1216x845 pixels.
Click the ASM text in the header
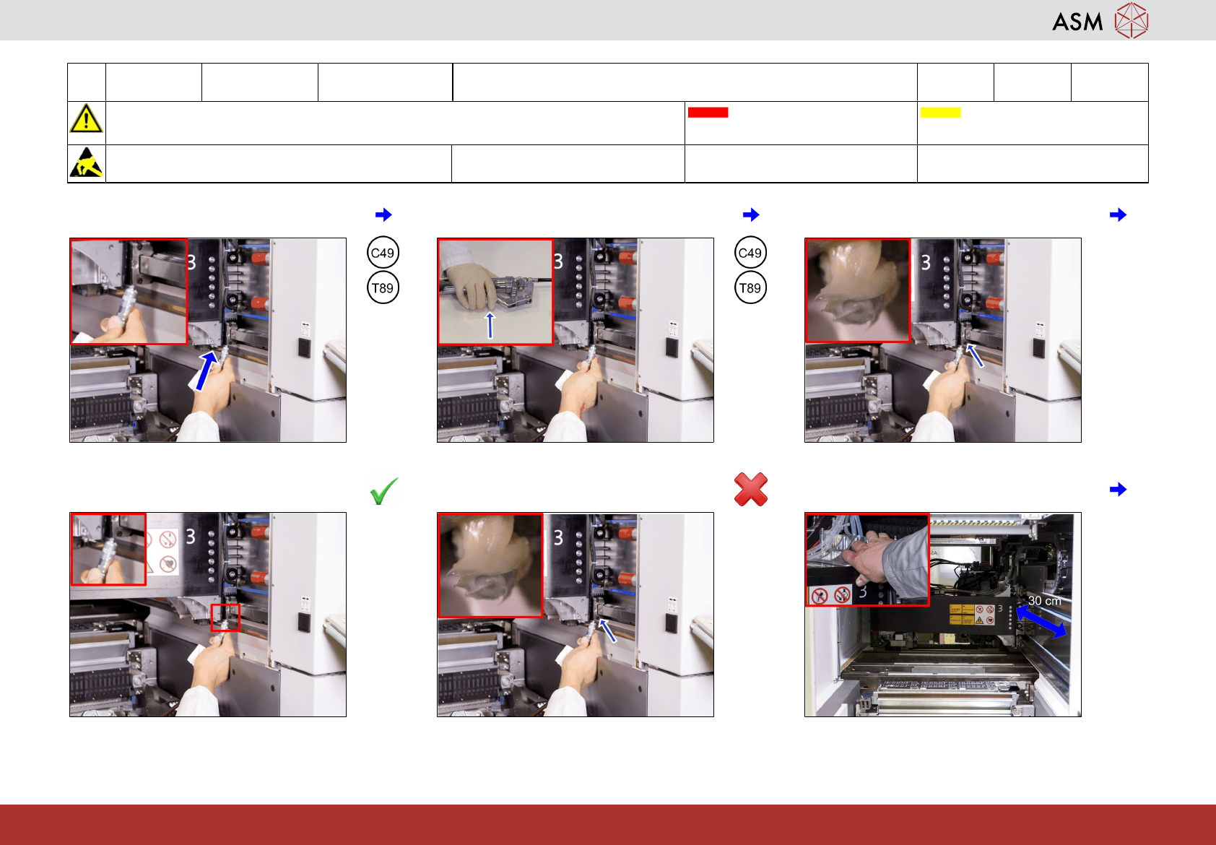tap(1077, 22)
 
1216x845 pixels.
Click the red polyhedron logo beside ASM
tap(1132, 21)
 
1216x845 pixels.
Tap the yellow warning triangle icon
tap(86, 118)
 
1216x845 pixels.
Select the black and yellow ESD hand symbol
tap(87, 162)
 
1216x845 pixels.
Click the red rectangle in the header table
tap(708, 113)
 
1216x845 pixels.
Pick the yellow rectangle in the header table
tap(940, 113)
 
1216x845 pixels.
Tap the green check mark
tap(384, 491)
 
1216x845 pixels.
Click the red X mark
tap(751, 489)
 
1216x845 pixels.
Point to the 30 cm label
tap(1044, 601)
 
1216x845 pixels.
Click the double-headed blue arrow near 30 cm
tap(1041, 622)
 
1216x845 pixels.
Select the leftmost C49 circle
tap(383, 253)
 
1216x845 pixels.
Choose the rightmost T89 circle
tap(750, 288)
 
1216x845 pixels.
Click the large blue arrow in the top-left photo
tap(206, 370)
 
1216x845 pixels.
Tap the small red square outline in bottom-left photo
tap(225, 617)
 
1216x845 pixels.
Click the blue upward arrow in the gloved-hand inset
tap(490, 325)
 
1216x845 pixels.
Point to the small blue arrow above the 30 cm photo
tap(1118, 489)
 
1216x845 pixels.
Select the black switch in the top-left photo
tap(304, 348)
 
